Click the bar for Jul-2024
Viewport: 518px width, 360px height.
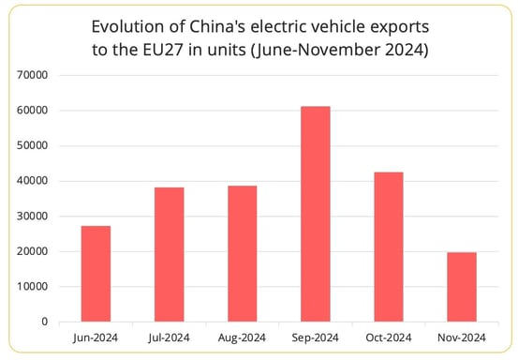click(169, 254)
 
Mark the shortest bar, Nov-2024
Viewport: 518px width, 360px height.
click(460, 287)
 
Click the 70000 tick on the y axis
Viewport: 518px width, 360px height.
click(32, 75)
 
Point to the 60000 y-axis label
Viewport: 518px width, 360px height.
click(32, 111)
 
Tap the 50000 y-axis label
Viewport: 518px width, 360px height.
click(32, 146)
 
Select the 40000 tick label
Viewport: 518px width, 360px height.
click(32, 181)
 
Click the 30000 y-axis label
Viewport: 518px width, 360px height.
click(32, 217)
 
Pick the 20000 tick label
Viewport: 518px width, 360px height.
click(32, 251)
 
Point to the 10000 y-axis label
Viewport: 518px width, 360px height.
click(32, 287)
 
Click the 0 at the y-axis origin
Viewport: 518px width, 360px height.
click(45, 322)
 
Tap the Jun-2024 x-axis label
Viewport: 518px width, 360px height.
click(96, 337)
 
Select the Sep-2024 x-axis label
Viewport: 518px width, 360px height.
click(314, 337)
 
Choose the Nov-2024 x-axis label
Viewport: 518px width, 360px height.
click(460, 337)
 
